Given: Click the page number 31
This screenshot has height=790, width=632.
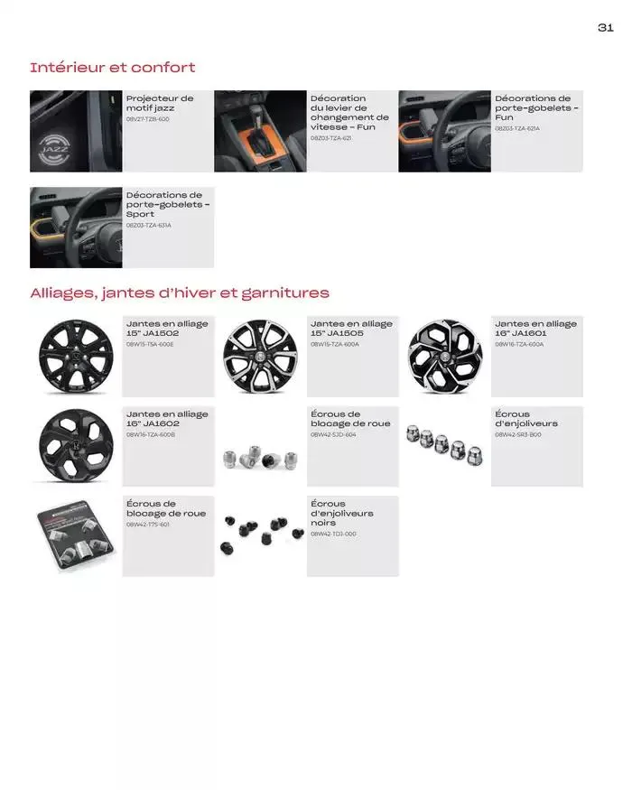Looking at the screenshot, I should point(605,28).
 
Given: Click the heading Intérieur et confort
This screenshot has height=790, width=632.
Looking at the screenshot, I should point(112,68).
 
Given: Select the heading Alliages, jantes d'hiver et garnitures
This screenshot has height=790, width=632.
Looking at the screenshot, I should point(179,293).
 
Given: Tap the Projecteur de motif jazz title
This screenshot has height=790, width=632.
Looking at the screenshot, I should point(160,103).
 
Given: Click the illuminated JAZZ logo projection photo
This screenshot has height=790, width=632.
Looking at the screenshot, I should point(76,131).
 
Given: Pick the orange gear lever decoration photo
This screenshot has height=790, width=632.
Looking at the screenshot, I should point(260,131).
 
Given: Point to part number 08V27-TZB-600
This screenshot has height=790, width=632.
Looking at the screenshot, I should point(148,119).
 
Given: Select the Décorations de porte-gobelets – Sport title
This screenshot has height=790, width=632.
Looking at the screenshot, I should point(167,204).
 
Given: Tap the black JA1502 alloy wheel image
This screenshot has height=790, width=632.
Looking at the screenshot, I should point(76,357).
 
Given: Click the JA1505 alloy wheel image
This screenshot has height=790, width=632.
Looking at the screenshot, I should point(260,357).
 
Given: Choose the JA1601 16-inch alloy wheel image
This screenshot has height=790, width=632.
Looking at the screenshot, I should point(444,357).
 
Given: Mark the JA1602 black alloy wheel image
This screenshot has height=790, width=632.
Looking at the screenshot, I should point(76,446).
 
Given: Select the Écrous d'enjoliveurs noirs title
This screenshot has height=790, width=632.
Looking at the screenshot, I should point(341,513).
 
